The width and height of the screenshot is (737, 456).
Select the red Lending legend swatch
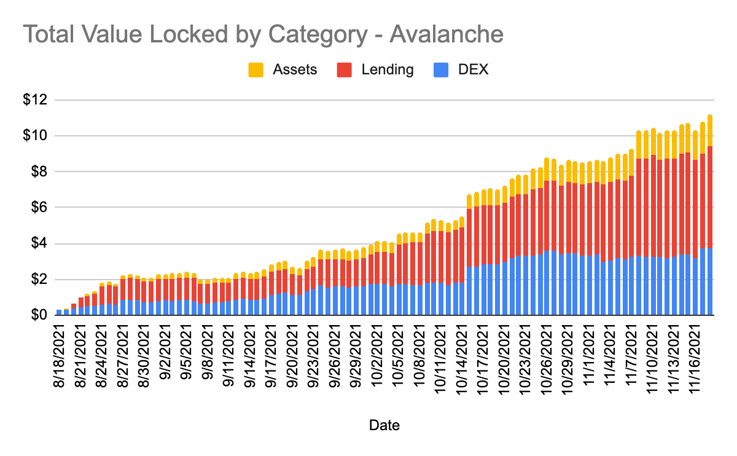point(344,69)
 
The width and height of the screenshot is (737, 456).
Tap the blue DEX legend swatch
point(440,69)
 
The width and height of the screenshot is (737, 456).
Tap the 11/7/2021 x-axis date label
point(632,355)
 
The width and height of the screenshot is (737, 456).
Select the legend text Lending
point(388,69)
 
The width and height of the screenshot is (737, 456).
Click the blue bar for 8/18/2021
point(59,312)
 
